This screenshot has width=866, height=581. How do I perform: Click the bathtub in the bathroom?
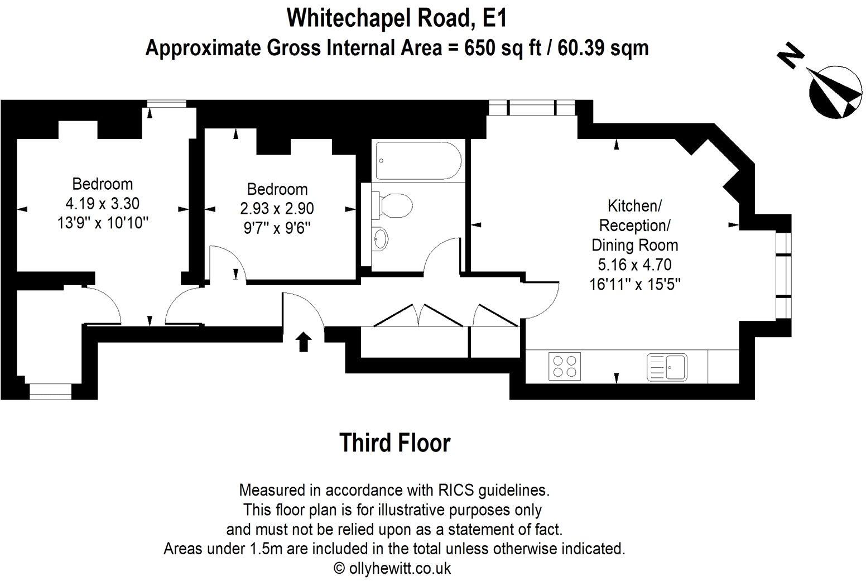pos(418,161)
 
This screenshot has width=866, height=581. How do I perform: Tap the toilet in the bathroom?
pos(392,206)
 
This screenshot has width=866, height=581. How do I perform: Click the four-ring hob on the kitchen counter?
pos(565,366)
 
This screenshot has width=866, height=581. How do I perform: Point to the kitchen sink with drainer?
pos(667,367)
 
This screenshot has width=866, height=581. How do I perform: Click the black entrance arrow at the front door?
pos(304,342)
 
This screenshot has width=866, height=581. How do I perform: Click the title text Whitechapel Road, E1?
pos(397,18)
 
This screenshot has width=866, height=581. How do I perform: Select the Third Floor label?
pos(394,443)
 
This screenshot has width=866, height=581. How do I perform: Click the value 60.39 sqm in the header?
pos(603,49)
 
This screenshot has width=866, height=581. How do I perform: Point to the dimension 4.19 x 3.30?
pos(103,203)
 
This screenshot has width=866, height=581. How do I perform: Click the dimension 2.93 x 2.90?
pos(277,209)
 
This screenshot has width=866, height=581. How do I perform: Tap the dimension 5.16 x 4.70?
pos(634,265)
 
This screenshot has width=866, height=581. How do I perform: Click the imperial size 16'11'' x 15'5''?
pos(634,284)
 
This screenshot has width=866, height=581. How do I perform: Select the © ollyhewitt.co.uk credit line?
pos(392,568)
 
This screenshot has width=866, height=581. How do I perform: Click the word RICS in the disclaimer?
pos(456,490)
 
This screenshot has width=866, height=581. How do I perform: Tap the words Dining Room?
pos(635,245)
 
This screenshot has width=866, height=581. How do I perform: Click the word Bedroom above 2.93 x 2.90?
pos(277,189)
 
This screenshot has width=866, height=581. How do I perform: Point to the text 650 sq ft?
pos(503,49)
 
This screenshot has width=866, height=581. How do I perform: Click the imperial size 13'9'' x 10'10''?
pos(103,223)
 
